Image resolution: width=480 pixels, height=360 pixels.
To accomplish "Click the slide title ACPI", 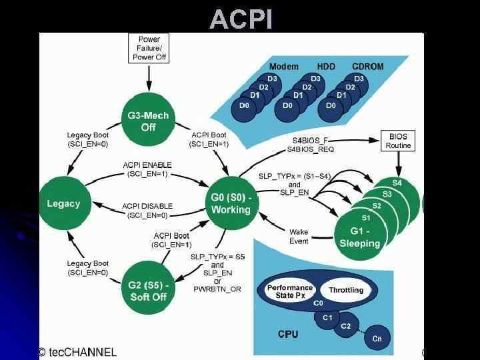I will [241, 19].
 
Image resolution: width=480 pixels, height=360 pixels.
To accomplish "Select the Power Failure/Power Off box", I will [149, 49].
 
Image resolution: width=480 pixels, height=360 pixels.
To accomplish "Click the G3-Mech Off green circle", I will [148, 121].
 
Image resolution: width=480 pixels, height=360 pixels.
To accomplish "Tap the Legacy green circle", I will [63, 203].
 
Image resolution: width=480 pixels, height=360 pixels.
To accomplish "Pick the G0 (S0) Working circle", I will [231, 203].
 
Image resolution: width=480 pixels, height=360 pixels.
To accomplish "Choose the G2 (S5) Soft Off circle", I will [148, 291].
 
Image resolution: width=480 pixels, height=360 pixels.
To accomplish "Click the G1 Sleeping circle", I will [359, 237].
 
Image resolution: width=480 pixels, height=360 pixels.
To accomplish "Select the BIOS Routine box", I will [398, 141].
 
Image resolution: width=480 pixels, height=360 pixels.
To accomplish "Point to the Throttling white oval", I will [346, 290].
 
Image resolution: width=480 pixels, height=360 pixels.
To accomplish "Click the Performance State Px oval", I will [290, 291].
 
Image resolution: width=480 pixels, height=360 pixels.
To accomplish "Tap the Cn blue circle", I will [377, 339].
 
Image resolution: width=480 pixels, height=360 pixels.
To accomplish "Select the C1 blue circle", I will [327, 318].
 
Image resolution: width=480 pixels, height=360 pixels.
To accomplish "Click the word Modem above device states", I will [283, 67].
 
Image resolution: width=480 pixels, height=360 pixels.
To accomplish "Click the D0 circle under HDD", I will [287, 105].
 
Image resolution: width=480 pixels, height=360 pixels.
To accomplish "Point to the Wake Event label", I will [299, 237].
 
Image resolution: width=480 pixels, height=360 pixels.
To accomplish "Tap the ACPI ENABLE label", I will [147, 165].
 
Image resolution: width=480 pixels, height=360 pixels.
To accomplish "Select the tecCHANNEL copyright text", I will [77, 352].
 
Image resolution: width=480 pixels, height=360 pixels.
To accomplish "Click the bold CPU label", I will [288, 333].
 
